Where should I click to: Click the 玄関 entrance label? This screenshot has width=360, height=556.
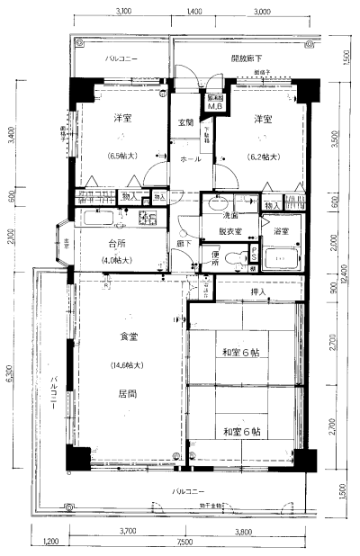185,122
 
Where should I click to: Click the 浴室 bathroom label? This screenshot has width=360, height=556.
282,231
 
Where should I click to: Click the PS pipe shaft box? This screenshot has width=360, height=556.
255,259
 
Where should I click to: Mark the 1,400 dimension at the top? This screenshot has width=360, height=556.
193,12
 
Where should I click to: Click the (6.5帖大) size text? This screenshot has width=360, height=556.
120,156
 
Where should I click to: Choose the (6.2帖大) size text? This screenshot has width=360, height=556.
263,156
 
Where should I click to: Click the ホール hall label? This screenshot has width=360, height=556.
191,158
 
